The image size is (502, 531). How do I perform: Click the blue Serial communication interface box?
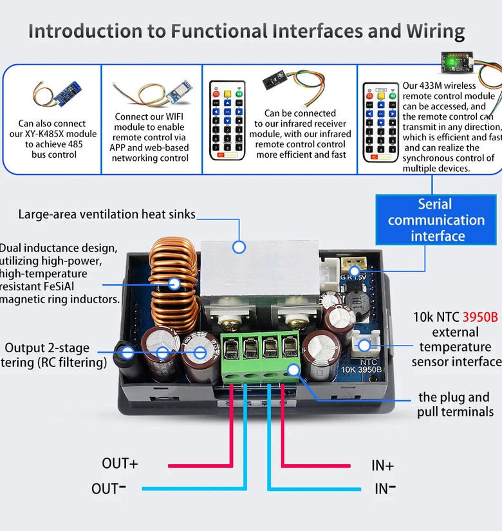(x=436, y=220)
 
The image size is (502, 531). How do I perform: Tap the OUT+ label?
(x=120, y=463)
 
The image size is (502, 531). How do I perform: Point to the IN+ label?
(x=382, y=465)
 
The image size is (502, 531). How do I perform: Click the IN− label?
(x=385, y=489)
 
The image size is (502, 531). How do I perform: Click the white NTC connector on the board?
(x=364, y=344)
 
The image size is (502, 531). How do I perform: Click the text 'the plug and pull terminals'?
(x=454, y=404)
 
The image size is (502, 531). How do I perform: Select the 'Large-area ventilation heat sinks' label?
(x=107, y=214)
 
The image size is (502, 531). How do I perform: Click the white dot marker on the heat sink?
(x=239, y=247)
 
